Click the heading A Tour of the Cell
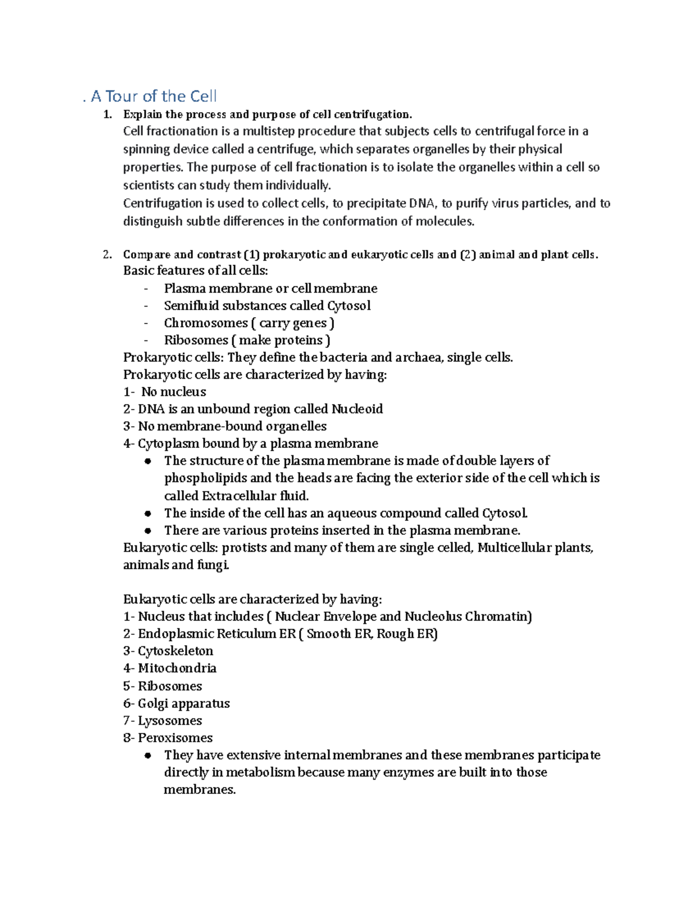[x=153, y=96]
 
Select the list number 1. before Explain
[x=107, y=114]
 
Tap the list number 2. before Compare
[x=107, y=254]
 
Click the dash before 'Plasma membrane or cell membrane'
[x=146, y=289]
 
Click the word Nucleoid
[x=357, y=409]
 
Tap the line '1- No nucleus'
[x=165, y=392]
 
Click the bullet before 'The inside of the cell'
[x=148, y=513]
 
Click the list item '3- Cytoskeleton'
[x=168, y=651]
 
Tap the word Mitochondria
[x=177, y=669]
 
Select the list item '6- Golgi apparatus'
[x=177, y=703]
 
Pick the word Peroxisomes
[x=175, y=738]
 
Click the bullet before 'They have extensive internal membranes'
[x=148, y=756]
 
